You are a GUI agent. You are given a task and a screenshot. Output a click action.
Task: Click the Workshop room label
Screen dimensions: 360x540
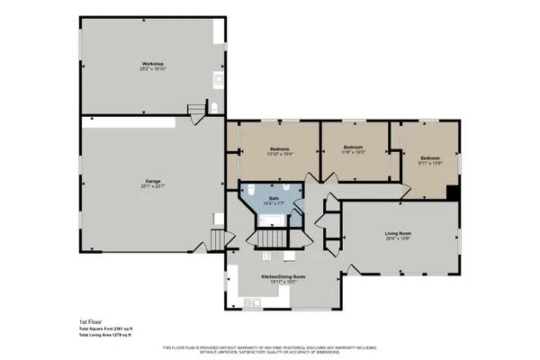coord(152,64)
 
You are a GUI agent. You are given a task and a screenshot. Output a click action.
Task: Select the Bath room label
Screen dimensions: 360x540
coord(274,199)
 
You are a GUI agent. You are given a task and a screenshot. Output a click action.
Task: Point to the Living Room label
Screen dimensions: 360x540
coord(397,233)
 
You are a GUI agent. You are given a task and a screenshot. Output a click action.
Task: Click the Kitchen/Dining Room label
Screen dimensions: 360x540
coord(283,276)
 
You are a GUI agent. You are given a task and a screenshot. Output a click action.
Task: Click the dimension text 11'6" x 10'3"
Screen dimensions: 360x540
coord(353,152)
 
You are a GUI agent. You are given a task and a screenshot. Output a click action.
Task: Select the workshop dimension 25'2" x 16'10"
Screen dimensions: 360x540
coord(152,69)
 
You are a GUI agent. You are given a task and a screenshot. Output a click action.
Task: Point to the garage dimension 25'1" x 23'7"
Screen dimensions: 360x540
coord(152,186)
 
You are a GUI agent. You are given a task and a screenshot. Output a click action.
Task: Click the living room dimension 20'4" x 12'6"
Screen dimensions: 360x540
coord(397,238)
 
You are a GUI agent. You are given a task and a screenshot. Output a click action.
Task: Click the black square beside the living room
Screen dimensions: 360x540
coord(453,193)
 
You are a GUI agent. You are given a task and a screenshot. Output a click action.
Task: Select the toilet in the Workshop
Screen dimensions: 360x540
coord(215,109)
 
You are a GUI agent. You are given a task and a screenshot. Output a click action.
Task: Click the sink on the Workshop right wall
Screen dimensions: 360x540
coord(217,80)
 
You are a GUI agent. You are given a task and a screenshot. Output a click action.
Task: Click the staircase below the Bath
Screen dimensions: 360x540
coord(271,238)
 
